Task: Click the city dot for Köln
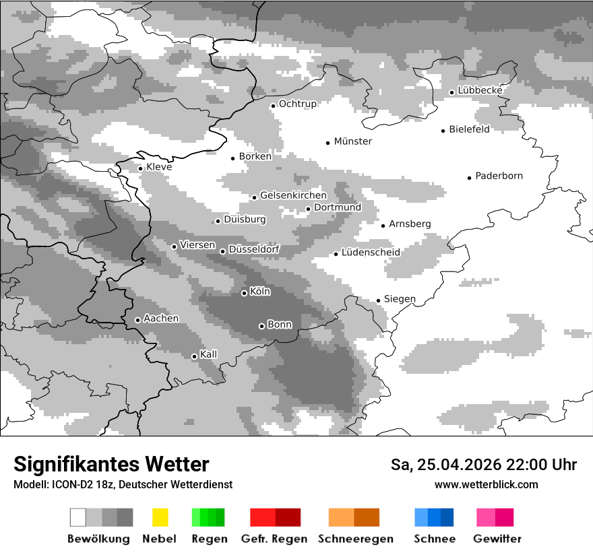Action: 244,293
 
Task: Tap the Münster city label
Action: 352,141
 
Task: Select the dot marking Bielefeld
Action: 443,131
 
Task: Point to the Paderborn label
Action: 499,176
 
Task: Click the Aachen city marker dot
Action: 137,320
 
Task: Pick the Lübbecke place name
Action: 480,90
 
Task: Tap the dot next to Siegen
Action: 379,300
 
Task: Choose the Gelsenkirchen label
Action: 293,195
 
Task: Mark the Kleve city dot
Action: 140,168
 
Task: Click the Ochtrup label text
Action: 297,104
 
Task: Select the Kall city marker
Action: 194,356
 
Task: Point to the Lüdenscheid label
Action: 371,253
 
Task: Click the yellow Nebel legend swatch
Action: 160,517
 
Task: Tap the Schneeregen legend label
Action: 356,539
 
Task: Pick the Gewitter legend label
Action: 497,539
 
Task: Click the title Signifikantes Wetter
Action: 111,464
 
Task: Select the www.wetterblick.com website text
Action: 486,484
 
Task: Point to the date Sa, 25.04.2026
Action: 447,465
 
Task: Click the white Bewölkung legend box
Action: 78,517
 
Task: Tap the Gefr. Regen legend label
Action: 274,539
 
